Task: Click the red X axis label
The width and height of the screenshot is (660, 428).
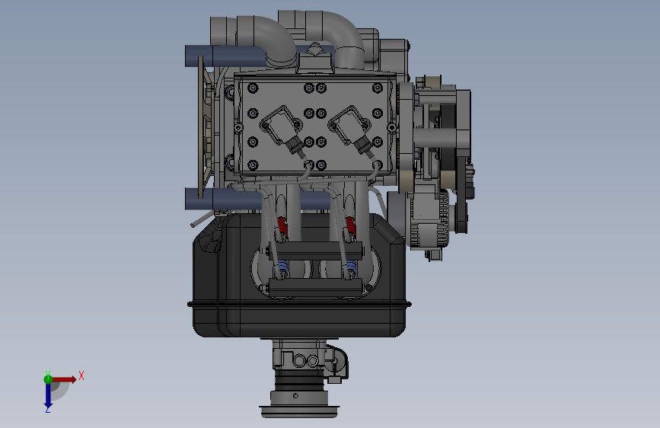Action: (81, 375)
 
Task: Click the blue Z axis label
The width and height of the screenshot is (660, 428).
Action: (48, 409)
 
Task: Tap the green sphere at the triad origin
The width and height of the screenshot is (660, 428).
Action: (48, 379)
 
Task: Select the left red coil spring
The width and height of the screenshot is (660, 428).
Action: (282, 228)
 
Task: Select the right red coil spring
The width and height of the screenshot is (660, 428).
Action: (350, 228)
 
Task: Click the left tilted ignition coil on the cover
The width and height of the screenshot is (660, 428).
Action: (279, 125)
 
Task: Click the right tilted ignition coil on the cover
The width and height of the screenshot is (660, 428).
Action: (348, 125)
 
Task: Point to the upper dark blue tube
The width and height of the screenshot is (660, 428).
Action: (225, 56)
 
